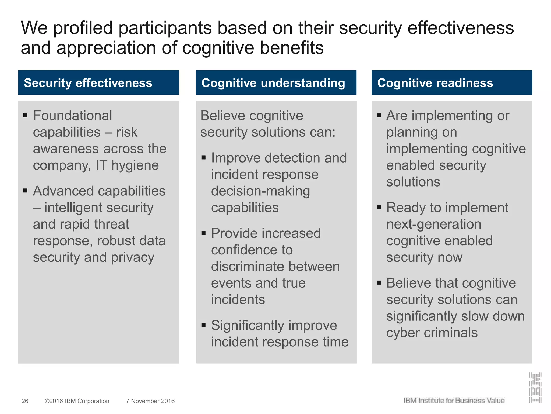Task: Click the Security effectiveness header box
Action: click(x=98, y=82)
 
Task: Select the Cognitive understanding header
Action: click(x=276, y=82)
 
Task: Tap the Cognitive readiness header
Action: click(x=452, y=82)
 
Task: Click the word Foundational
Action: click(x=72, y=116)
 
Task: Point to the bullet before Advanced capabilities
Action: click(x=26, y=191)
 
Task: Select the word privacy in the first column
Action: click(x=133, y=257)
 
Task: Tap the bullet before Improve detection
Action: click(x=204, y=157)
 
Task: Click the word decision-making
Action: click(x=260, y=191)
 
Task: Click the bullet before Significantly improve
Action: click(x=204, y=325)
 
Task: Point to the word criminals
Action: click(x=451, y=333)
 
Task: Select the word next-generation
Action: click(x=434, y=224)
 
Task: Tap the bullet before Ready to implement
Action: click(x=379, y=207)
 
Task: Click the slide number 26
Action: click(x=25, y=401)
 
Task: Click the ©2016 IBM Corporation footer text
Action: click(x=77, y=401)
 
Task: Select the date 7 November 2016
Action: click(x=150, y=401)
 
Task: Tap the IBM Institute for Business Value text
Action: click(x=454, y=401)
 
